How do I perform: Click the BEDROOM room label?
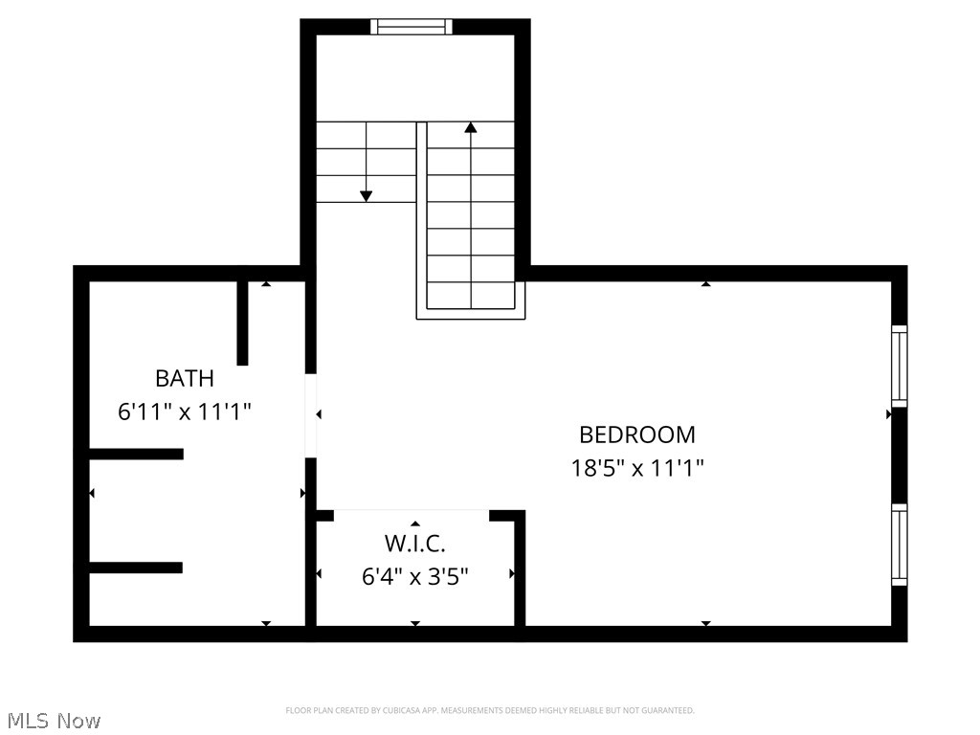click(x=637, y=434)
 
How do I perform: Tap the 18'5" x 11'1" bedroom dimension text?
click(x=637, y=469)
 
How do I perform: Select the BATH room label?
click(x=184, y=378)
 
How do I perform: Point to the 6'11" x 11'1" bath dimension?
click(x=184, y=412)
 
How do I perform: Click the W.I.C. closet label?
click(x=414, y=544)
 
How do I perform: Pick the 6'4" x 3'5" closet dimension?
click(x=414, y=577)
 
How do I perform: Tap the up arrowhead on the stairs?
click(x=470, y=127)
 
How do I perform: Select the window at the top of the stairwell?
click(x=412, y=27)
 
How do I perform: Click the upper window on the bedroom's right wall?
click(x=899, y=366)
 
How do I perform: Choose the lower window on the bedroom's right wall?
click(x=899, y=545)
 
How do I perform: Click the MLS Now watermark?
click(x=53, y=721)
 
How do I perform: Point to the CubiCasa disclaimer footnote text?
click(x=489, y=710)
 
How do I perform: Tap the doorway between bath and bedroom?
click(x=310, y=415)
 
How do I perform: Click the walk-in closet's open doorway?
click(x=412, y=515)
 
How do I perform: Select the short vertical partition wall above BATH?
click(x=242, y=323)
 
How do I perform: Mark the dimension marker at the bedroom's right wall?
click(x=889, y=414)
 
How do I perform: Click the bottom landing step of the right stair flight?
click(x=471, y=297)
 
